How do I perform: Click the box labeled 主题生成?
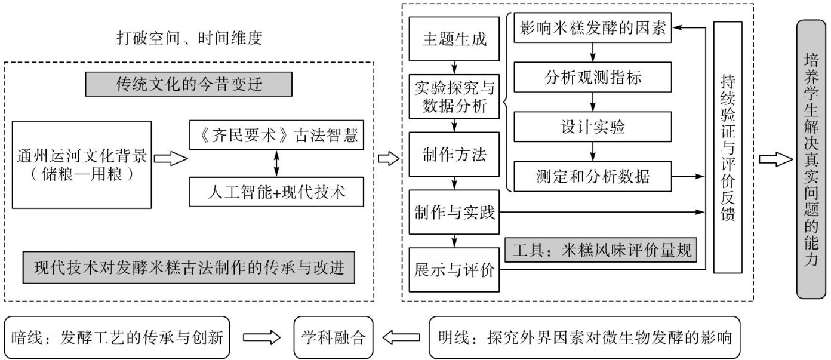pos(454,39)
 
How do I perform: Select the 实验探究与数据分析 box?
pos(454,97)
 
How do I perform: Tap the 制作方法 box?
pos(454,155)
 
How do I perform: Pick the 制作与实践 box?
pos(454,212)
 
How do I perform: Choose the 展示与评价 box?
pos(454,270)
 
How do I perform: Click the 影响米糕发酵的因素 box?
pos(592,27)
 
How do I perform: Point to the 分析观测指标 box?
pos(592,77)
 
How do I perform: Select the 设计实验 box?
pos(592,127)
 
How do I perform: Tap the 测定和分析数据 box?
pos(592,176)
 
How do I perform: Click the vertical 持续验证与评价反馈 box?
pos(728,147)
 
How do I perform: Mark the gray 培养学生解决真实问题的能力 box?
pos(811,159)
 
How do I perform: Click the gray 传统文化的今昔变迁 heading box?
pos(189,84)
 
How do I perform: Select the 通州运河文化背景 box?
pos(82,165)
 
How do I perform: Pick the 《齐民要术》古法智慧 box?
pos(276,135)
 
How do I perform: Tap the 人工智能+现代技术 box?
pos(276,192)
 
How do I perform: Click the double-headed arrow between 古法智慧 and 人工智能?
pos(276,164)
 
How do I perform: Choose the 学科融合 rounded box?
pos(333,337)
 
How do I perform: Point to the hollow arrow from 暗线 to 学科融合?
pos(262,337)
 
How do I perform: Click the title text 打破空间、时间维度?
pos(189,38)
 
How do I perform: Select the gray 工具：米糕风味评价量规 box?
pos(601,250)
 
